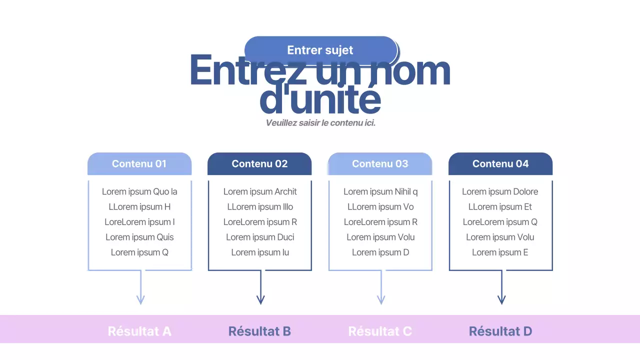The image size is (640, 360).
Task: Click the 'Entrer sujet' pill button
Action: (320, 50)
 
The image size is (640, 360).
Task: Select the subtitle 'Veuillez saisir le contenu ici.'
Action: (320, 122)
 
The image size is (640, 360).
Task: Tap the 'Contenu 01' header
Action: (139, 163)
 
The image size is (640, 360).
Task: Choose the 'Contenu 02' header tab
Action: (259, 163)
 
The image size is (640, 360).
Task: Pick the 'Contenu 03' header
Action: (380, 163)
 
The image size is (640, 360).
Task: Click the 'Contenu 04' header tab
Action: (500, 163)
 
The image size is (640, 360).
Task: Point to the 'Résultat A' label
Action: (139, 331)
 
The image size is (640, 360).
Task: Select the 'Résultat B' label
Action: (259, 331)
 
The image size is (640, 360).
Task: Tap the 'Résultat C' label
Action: (380, 331)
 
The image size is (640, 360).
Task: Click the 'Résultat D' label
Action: (500, 331)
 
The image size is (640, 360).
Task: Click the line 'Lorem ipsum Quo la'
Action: (139, 191)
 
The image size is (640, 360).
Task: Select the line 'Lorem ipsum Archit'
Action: (260, 191)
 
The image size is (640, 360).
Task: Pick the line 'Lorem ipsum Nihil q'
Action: (380, 191)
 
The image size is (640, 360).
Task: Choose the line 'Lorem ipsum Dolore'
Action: (500, 191)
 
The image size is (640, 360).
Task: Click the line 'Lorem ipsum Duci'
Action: (260, 237)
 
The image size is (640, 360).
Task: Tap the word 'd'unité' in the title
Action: (320, 100)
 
